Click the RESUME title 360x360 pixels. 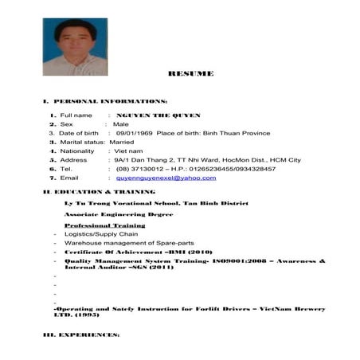pyautogui.click(x=190, y=73)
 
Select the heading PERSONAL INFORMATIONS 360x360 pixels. pyautogui.click(x=108, y=103)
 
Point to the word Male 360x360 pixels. pyautogui.click(x=121, y=124)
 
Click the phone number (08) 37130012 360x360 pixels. pyautogui.click(x=141, y=169)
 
